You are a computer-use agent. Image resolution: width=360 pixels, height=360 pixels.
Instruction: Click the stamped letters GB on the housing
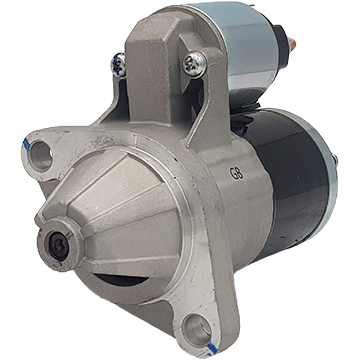point(236,173)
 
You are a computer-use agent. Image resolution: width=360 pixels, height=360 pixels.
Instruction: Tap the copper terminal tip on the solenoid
point(292,43)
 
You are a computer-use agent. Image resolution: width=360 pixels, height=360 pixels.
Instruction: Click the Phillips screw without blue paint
point(195,64)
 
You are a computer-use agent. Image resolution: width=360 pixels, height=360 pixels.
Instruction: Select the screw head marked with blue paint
point(119,65)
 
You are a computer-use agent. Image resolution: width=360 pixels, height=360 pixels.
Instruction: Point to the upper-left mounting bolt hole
point(41,155)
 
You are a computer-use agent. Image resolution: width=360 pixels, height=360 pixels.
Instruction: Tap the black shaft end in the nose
point(58,246)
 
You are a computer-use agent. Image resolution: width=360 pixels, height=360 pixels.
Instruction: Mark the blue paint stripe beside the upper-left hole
point(26,144)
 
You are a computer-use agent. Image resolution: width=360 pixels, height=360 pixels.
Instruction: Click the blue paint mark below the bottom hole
point(211,349)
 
